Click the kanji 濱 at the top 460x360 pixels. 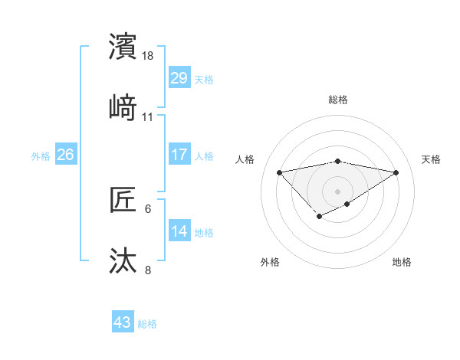123,47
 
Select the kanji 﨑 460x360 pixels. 123,107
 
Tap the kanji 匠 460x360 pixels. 123,201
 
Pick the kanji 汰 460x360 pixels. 123,260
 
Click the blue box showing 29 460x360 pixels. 179,77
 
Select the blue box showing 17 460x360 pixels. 179,155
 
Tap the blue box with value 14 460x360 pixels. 179,231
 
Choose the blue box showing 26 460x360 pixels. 65,155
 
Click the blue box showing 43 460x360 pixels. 123,322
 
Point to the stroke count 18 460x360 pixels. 149,57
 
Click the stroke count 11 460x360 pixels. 148,117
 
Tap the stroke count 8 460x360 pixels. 148,270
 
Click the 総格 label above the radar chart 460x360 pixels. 338,100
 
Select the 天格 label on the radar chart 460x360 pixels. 431,159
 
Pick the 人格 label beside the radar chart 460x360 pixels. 245,159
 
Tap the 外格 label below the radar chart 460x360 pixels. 270,262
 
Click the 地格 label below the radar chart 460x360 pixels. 402,262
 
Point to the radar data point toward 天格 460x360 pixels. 396,172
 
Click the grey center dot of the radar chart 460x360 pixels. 338,191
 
